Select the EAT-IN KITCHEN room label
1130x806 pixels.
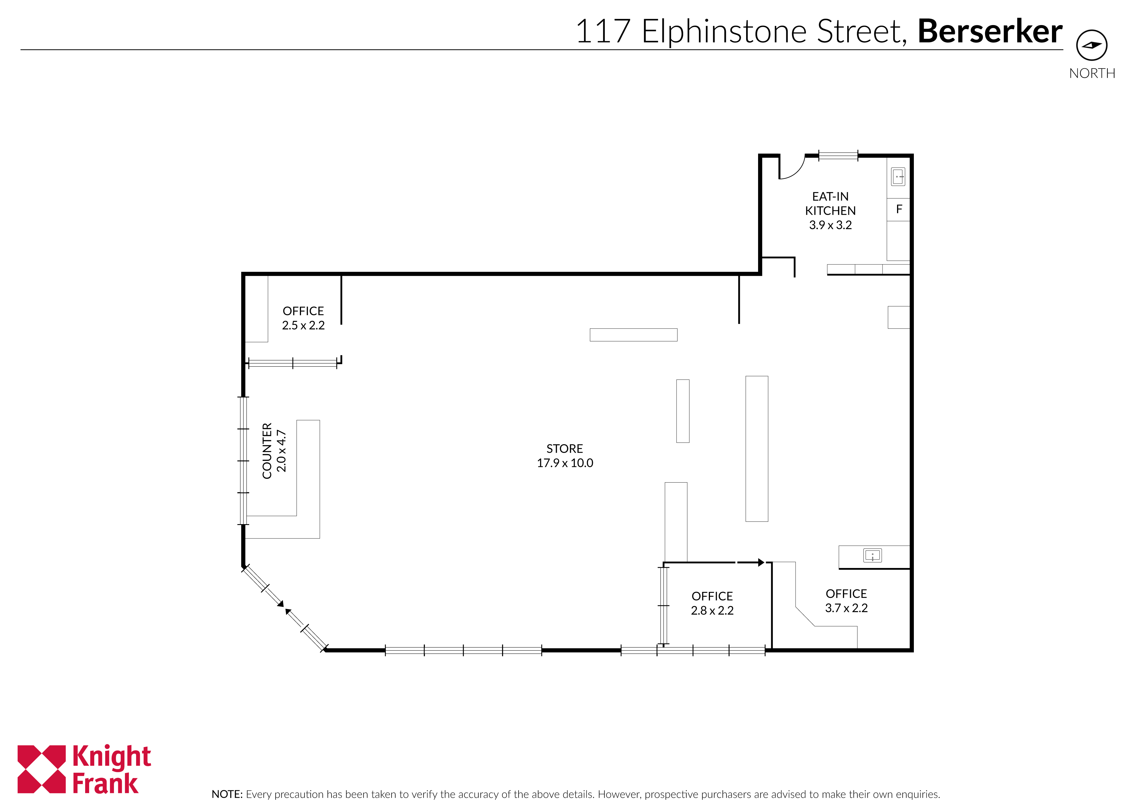830,204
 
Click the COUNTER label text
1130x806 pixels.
267,451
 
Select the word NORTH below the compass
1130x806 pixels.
1092,73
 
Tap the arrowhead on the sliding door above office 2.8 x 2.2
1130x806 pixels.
761,562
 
